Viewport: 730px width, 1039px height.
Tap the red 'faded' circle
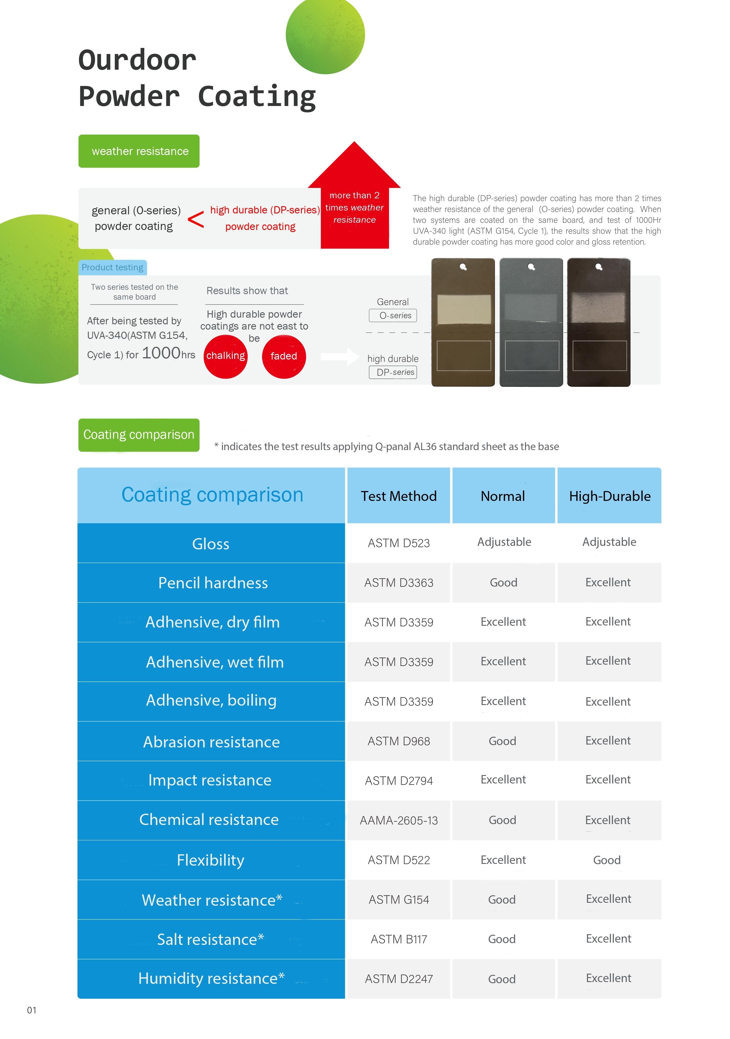[x=284, y=356]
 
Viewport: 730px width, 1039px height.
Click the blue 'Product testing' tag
[x=113, y=267]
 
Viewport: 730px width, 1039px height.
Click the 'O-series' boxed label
[x=393, y=315]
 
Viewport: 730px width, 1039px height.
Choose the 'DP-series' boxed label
[x=393, y=372]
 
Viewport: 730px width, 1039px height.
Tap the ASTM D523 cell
[x=399, y=543]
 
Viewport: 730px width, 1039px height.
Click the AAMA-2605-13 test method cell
[x=399, y=820]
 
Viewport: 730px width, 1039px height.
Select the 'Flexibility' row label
[x=211, y=860]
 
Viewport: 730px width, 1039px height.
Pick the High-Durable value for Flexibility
[x=607, y=860]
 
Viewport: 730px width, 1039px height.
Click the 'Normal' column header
[x=503, y=496]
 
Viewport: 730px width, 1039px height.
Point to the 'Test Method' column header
[x=399, y=496]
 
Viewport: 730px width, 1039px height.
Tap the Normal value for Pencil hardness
[x=503, y=583]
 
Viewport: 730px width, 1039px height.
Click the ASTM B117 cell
[x=399, y=939]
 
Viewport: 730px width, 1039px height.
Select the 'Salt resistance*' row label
[x=211, y=939]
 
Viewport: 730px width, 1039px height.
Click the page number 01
[x=32, y=1010]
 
